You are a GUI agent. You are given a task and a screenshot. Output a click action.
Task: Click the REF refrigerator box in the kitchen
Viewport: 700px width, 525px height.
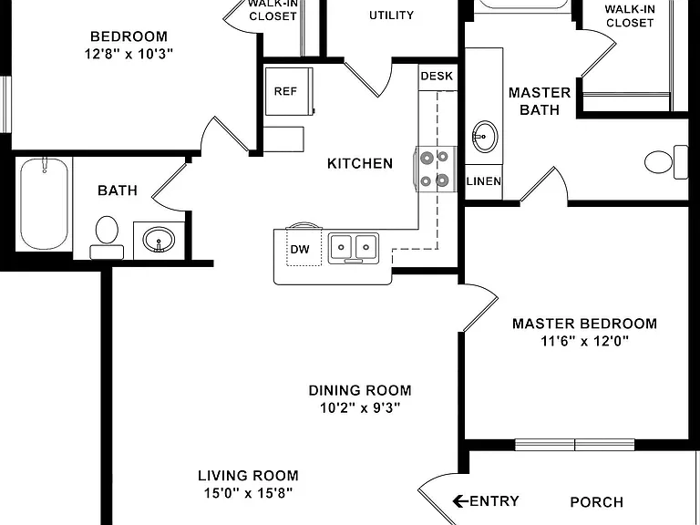[288, 91]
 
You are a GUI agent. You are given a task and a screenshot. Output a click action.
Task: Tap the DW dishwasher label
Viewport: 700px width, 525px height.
[300, 249]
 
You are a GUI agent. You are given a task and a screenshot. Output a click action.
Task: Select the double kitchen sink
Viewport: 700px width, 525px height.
[354, 248]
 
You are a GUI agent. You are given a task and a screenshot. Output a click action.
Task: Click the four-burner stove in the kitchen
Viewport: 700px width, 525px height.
[437, 169]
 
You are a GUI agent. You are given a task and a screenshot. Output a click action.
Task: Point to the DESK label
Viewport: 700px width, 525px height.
[437, 76]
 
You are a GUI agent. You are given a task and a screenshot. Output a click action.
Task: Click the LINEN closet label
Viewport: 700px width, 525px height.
[483, 181]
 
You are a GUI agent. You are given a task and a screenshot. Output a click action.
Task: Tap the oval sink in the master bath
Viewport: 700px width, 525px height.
[484, 137]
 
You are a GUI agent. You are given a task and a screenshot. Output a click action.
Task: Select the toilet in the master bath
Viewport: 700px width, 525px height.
[666, 161]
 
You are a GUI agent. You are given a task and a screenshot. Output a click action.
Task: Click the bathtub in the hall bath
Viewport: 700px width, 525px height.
[44, 204]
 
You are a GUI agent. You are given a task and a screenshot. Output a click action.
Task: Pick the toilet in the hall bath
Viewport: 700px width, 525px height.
[107, 237]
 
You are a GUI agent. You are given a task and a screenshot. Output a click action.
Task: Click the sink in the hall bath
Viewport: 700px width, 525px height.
[159, 240]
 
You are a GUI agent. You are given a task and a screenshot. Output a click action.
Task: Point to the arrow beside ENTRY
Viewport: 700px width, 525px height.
[460, 501]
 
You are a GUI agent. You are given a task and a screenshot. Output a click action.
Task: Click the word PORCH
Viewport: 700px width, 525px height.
[596, 502]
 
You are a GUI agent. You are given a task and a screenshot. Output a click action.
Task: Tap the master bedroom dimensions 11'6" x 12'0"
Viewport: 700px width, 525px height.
[584, 341]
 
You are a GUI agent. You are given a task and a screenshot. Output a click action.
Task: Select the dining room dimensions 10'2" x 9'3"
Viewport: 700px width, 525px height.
[360, 407]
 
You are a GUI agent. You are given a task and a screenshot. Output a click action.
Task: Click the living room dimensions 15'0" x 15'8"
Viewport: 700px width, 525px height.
[248, 493]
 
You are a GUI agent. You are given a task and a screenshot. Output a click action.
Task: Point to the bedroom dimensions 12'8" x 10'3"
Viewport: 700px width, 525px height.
[129, 54]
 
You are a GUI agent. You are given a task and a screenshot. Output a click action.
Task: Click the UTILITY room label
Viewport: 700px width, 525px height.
[391, 15]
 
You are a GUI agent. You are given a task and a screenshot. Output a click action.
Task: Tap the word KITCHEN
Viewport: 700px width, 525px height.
[360, 163]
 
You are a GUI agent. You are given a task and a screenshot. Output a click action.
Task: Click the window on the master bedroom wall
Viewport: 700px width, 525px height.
[574, 445]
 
